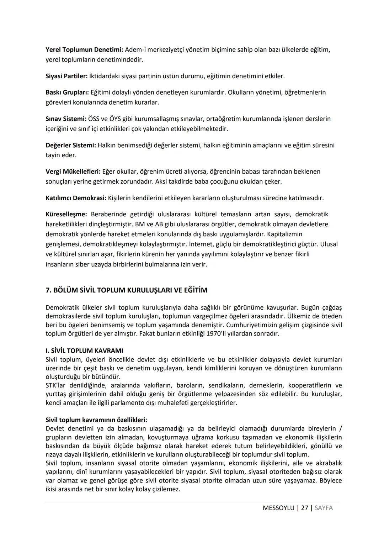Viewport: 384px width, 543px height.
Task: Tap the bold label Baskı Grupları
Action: tap(67, 93)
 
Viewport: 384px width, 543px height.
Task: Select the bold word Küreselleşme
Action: tap(66, 214)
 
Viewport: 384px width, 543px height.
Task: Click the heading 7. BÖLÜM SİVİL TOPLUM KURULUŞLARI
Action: tap(126, 290)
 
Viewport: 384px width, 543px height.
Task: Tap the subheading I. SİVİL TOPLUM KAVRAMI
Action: tap(84, 350)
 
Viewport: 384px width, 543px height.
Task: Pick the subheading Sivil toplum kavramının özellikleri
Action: tap(96, 420)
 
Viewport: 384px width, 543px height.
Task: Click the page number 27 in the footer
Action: tap(304, 508)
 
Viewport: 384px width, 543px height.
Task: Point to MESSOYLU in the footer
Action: tap(278, 508)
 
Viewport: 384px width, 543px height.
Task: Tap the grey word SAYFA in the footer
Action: tap(324, 508)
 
